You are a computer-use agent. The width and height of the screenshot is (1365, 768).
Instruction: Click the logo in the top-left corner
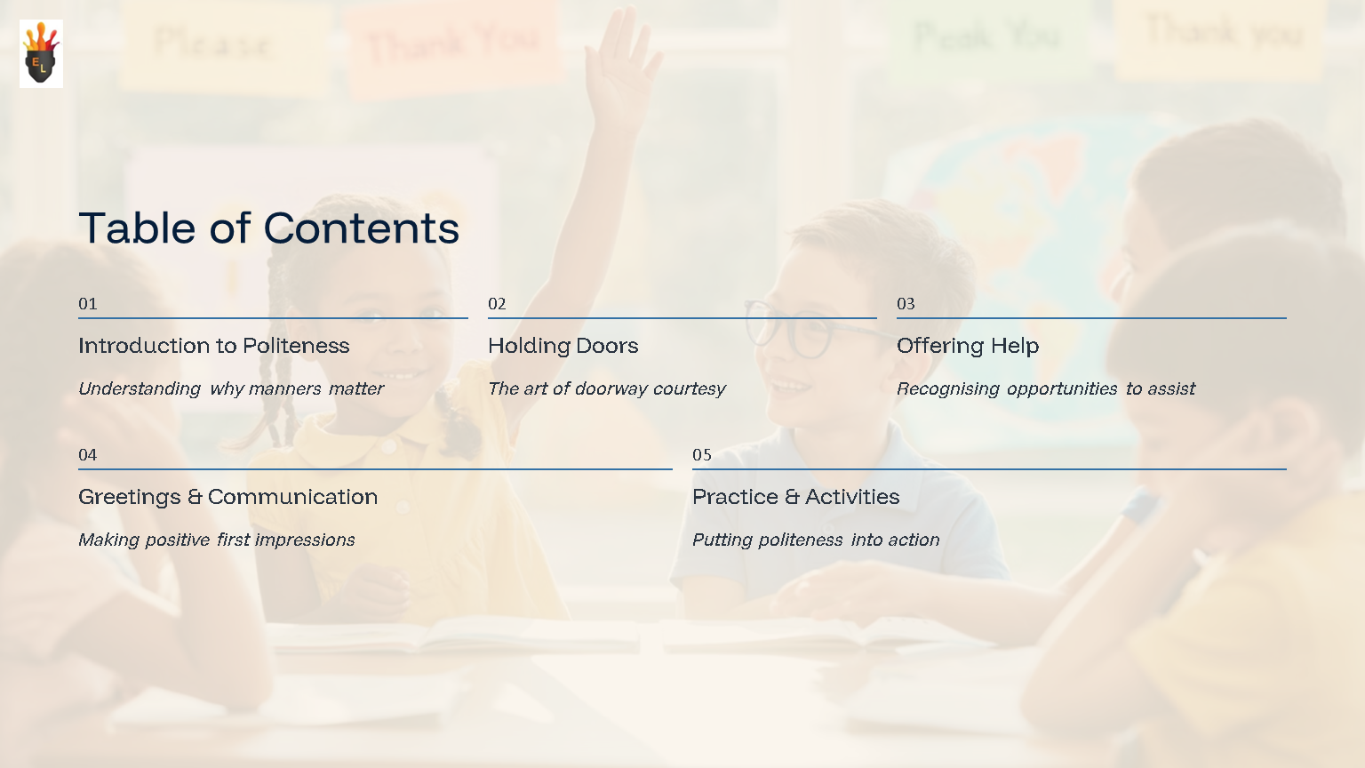[x=41, y=53]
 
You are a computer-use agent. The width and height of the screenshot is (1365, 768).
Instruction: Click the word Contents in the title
[x=362, y=228]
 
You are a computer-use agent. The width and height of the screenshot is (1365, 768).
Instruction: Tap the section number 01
[x=88, y=304]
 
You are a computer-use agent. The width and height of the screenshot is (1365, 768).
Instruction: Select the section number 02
[x=497, y=304]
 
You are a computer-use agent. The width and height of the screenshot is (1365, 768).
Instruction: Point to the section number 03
[x=906, y=304]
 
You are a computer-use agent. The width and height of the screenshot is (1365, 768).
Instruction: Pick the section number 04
[x=88, y=455]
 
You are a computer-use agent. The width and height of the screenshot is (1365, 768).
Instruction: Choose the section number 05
[x=702, y=455]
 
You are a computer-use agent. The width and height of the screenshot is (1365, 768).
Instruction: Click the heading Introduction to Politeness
[x=214, y=346]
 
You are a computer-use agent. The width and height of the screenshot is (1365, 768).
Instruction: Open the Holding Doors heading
[x=563, y=346]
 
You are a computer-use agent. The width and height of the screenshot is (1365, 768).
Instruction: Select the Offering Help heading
[x=968, y=346]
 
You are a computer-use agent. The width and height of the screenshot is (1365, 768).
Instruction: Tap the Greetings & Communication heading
[x=228, y=497]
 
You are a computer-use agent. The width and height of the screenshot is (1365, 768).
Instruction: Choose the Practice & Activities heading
[x=796, y=497]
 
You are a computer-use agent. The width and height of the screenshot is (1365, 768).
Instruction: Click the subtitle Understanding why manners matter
[x=231, y=388]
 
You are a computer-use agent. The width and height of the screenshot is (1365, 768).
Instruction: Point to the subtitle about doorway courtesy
[x=607, y=388]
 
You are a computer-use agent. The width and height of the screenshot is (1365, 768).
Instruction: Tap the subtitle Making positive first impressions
[x=217, y=540]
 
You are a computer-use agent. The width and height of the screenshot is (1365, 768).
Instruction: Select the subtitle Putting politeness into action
[x=816, y=540]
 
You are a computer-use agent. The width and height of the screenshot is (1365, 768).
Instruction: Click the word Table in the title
[x=137, y=228]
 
